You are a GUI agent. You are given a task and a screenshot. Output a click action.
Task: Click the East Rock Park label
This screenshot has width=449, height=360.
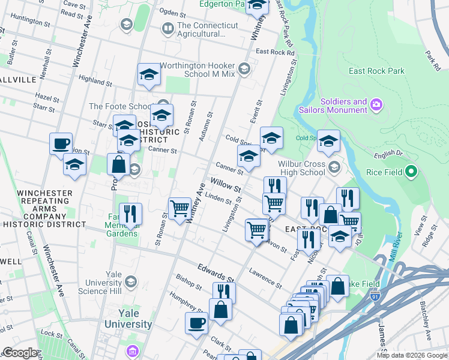coord(376,71)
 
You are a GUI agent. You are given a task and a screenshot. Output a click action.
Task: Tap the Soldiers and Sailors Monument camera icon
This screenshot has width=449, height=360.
coord(376,106)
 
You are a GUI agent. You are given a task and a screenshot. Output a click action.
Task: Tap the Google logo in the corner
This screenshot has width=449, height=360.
coord(20,353)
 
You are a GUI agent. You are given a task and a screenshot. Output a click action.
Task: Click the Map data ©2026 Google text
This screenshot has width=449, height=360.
coord(411,355)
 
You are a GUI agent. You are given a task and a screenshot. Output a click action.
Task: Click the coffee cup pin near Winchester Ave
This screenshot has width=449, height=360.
coord(61,144)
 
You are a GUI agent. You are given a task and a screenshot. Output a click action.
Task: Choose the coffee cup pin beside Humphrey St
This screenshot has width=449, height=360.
coord(196,323)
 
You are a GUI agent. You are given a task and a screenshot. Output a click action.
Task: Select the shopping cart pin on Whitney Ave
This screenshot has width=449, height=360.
coord(179,209)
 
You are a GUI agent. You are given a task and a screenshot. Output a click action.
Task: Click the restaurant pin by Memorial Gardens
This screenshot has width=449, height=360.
coord(130,214)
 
